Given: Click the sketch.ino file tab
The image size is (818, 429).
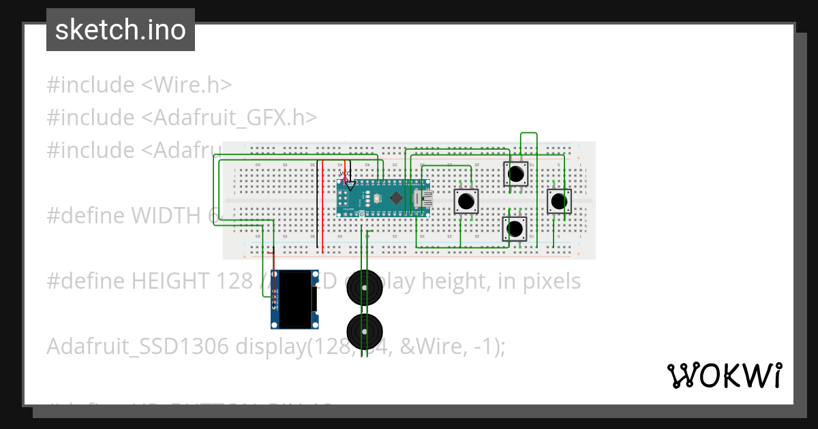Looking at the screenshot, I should (121, 30).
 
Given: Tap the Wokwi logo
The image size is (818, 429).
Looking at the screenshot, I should (724, 375).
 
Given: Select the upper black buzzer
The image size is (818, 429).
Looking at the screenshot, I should (365, 288).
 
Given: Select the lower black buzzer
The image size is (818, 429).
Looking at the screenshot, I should (365, 330).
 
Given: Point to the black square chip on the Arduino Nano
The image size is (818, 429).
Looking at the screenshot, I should (396, 197).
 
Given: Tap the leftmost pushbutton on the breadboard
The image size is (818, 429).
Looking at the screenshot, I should (466, 202).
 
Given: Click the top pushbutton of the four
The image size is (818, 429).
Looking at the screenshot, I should (516, 174).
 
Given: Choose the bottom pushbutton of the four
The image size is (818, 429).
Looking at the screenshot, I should (516, 228).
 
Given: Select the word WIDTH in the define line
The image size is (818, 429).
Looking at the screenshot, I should (165, 216).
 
